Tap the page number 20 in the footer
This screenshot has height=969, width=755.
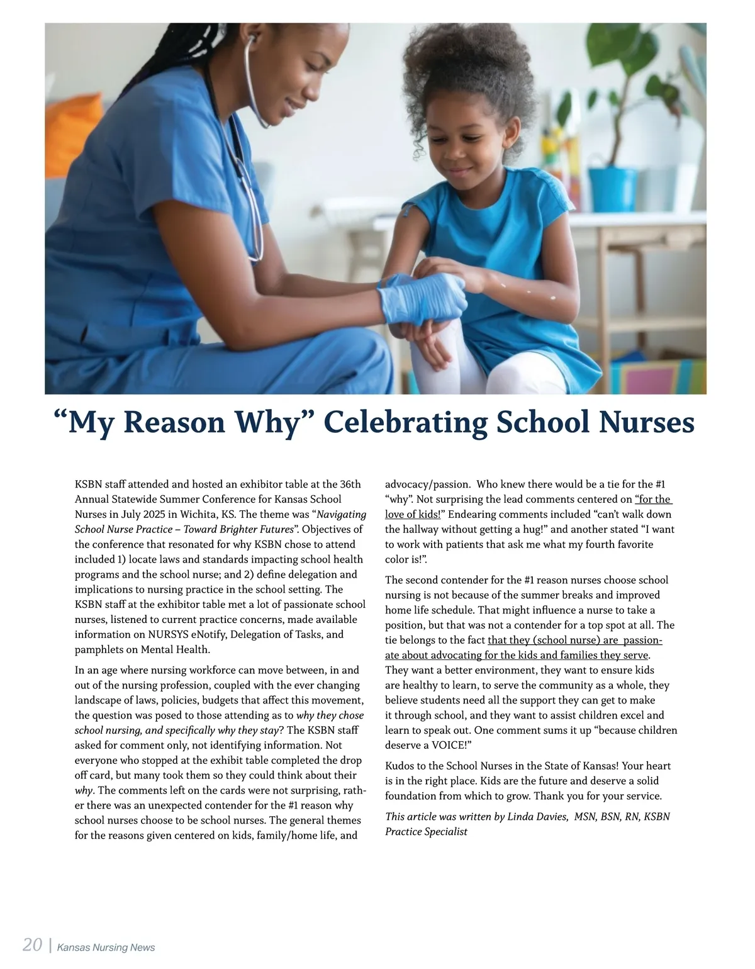tap(32, 945)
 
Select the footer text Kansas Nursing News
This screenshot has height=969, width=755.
tap(106, 948)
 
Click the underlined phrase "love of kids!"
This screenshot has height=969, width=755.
tap(413, 514)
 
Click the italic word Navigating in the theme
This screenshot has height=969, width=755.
tap(342, 514)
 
